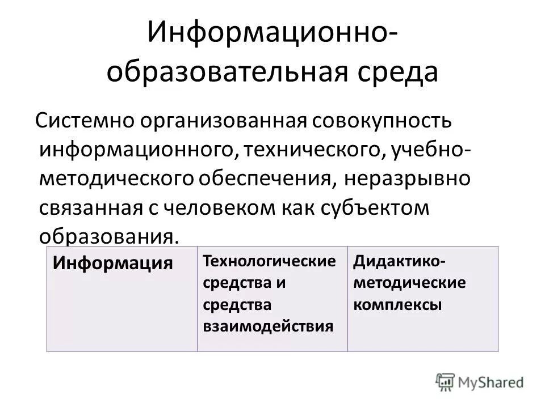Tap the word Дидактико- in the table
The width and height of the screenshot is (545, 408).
399,261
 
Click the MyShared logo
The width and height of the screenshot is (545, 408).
480,381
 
